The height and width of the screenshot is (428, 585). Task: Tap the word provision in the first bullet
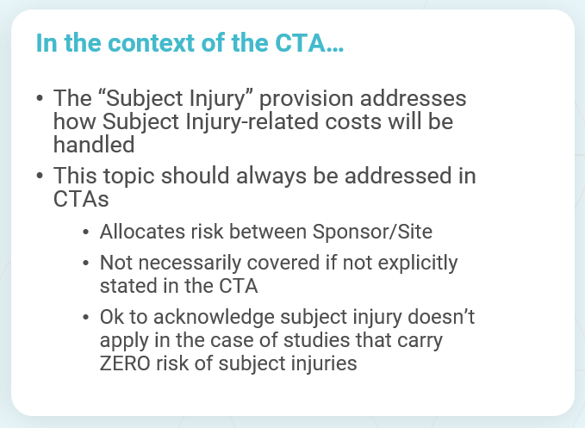coord(306,99)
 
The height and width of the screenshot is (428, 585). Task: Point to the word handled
coord(94,145)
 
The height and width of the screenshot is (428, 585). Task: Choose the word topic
coord(128,176)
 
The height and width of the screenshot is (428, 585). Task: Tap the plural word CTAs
coord(81,199)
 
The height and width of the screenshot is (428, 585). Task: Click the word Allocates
coord(142,232)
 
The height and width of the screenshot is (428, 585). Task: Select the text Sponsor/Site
coord(372,232)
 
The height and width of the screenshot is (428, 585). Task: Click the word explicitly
coord(418,264)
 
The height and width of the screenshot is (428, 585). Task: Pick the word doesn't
coord(441,317)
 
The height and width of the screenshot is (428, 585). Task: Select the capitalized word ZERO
coord(125,363)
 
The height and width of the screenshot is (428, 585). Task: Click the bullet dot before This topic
coord(40,176)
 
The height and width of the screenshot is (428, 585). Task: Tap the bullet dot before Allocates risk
coord(86,232)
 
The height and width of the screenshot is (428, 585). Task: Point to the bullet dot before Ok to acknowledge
coord(86,317)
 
